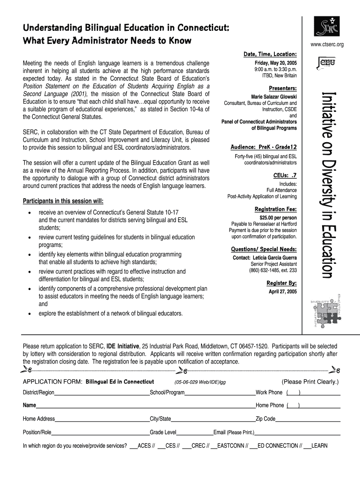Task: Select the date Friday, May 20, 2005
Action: [x=275, y=63]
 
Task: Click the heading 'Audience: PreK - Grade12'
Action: [x=264, y=147]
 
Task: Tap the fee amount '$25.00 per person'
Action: [x=278, y=218]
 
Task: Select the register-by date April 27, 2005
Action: [x=282, y=291]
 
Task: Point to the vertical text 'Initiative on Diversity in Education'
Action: [x=327, y=185]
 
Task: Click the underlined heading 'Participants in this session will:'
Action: [x=63, y=201]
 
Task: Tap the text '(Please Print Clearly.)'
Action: [x=310, y=382]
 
